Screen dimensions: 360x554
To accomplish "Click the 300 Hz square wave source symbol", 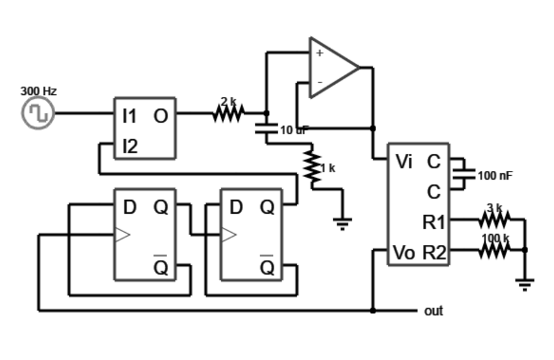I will tap(38, 114).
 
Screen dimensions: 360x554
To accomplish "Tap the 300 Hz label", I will tap(38, 91).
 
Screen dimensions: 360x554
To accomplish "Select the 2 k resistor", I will tap(228, 113).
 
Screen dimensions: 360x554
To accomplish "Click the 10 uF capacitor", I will tap(267, 129).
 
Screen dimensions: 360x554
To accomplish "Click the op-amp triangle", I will tap(332, 67).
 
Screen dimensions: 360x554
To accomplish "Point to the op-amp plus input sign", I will tap(319, 53).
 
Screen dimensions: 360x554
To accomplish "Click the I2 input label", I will tap(129, 147).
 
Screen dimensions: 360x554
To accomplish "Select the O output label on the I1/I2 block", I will tap(161, 116).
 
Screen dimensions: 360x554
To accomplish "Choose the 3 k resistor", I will tap(494, 220).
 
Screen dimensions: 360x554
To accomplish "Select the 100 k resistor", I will tap(494, 250).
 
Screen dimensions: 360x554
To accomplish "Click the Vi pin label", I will tap(404, 162).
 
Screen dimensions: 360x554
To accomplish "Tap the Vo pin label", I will tap(404, 252).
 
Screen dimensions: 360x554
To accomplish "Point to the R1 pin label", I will tap(434, 222).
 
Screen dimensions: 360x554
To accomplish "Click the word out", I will tap(434, 311).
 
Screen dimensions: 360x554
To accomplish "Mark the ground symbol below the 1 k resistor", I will tap(343, 223).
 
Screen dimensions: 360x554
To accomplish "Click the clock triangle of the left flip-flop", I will tap(122, 235).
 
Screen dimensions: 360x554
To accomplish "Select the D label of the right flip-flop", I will tap(236, 207).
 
